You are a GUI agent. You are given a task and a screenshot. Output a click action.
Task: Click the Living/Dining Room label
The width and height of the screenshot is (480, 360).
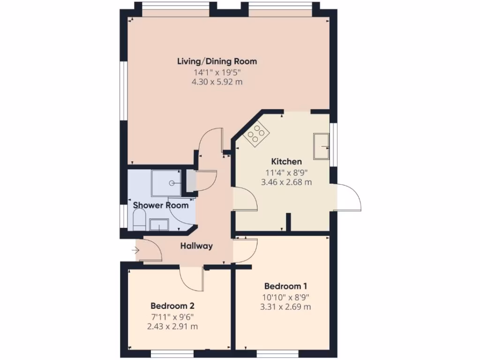click(217, 61)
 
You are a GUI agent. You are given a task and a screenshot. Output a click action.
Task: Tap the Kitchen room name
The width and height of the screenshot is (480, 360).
click(286, 162)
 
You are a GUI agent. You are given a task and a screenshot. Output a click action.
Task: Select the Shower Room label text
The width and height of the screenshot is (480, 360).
click(161, 205)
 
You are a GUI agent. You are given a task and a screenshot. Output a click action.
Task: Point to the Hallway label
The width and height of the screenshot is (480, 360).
click(197, 246)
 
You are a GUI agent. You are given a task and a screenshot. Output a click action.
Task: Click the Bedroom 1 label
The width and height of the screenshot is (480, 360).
click(285, 286)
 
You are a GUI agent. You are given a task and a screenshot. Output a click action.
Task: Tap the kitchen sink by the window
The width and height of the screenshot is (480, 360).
click(322, 145)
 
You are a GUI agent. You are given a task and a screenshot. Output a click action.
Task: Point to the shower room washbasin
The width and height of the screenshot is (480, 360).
click(159, 225)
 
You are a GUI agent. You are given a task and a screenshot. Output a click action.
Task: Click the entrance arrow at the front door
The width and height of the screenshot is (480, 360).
click(136, 251)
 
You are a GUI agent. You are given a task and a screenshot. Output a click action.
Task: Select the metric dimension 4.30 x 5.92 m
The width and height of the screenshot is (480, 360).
click(217, 82)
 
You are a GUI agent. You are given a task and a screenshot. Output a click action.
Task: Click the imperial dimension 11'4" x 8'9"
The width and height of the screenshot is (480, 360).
click(286, 172)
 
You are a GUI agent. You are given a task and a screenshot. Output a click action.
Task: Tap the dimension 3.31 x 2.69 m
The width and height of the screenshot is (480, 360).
click(285, 307)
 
